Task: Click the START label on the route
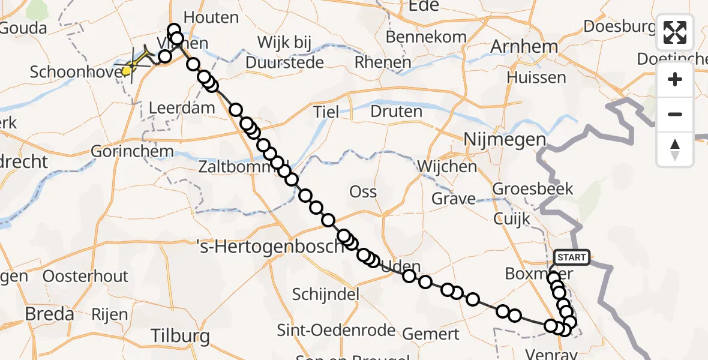click(x=571, y=258)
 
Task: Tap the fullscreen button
click(x=675, y=32)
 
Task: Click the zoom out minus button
click(x=675, y=114)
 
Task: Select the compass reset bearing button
click(x=675, y=149)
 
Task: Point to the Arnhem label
click(x=524, y=46)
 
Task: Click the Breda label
click(x=50, y=314)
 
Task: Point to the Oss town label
click(x=363, y=192)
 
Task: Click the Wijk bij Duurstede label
click(x=286, y=52)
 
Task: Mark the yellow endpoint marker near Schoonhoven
click(x=127, y=71)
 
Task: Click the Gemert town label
click(x=430, y=334)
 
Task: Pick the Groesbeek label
click(x=533, y=189)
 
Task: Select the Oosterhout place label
click(x=86, y=277)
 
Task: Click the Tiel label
click(x=326, y=112)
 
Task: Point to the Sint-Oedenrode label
click(x=336, y=330)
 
